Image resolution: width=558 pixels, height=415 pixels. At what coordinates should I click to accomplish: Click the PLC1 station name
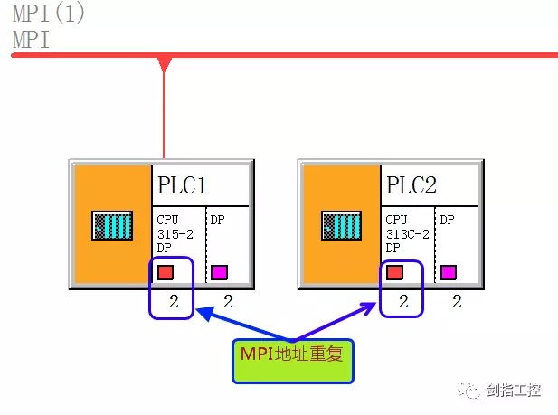(183, 185)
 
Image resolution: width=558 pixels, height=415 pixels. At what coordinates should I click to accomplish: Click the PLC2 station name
(411, 185)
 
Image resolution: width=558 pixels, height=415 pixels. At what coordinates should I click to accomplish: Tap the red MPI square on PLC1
(166, 271)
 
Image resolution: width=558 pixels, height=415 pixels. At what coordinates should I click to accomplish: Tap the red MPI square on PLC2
(394, 271)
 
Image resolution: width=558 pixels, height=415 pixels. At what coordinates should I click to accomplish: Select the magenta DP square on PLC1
(219, 271)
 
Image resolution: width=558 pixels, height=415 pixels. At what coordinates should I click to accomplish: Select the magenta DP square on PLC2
(448, 271)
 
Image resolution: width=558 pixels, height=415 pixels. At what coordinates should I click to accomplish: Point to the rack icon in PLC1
(112, 225)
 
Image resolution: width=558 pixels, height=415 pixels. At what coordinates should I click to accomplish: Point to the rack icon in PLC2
(341, 225)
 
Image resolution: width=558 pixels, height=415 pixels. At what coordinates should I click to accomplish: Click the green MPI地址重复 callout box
(292, 361)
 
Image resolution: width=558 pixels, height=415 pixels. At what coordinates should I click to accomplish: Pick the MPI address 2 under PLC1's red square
(175, 302)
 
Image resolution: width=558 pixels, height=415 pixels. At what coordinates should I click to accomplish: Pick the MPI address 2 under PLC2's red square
(403, 302)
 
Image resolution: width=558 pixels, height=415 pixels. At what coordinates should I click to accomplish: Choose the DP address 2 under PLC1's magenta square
(228, 302)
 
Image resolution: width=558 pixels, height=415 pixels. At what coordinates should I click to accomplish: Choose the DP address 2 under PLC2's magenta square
(457, 302)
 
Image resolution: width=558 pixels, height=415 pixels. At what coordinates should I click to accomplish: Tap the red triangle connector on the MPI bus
(164, 63)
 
